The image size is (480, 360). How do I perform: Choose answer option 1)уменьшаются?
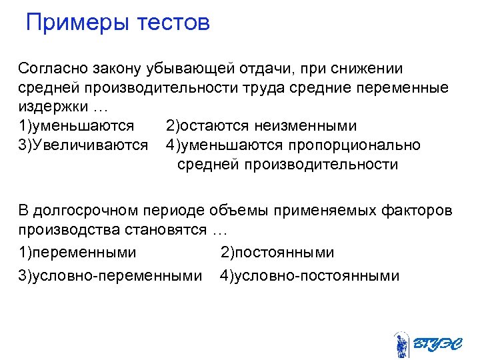[x=77, y=126]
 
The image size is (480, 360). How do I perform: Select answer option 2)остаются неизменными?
[x=261, y=126]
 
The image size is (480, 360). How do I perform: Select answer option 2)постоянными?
[x=277, y=253]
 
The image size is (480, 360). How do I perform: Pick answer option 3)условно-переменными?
[x=110, y=275]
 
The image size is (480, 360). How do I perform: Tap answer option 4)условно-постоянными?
[x=309, y=275]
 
